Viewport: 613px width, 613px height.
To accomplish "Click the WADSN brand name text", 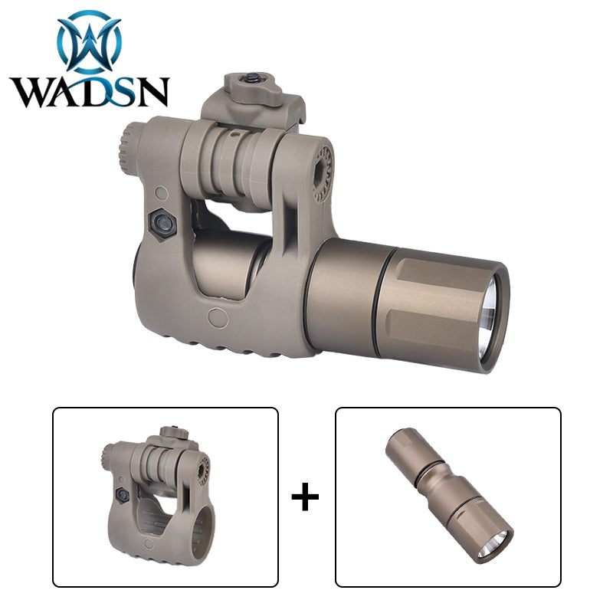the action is click(90, 92).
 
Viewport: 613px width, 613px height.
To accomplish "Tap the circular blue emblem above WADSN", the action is click(90, 42).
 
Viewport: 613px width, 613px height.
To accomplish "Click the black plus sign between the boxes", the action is click(305, 497).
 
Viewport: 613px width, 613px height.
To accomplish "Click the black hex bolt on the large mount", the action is click(162, 225).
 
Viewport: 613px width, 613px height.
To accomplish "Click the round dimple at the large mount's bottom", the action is click(218, 317).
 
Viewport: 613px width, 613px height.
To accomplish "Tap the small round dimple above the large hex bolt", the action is click(161, 193).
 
